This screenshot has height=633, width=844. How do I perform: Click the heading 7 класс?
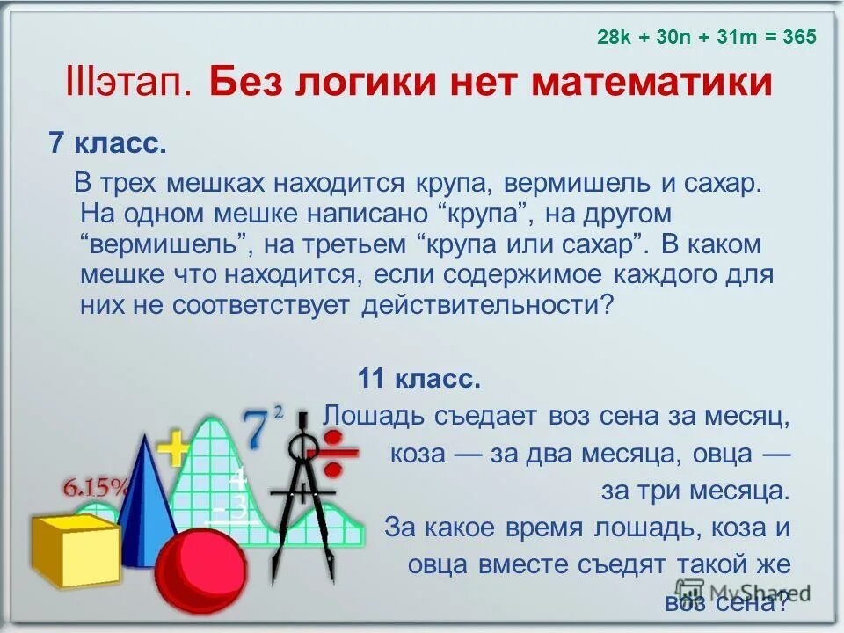(107, 144)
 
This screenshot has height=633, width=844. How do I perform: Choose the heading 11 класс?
(418, 380)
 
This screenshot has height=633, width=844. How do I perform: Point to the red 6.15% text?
(96, 486)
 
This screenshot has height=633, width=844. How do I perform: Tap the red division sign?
(339, 453)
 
